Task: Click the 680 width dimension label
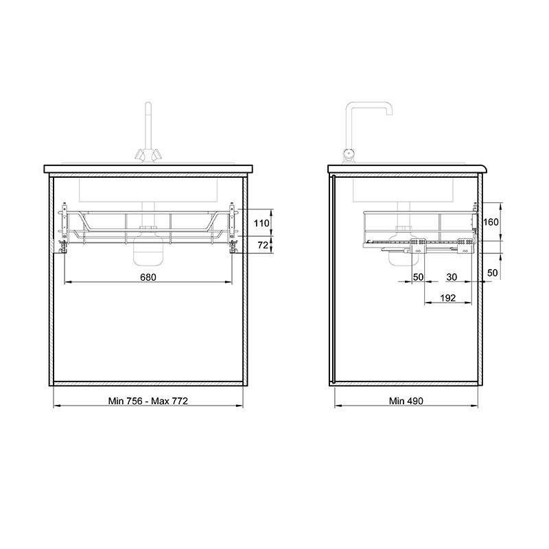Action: tap(148, 277)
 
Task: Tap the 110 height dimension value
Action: tap(261, 223)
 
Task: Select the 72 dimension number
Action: tap(263, 245)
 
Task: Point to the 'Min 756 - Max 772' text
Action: tap(148, 401)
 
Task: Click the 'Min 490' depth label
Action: tap(406, 401)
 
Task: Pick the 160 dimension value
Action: tap(491, 222)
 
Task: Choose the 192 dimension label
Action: tap(448, 298)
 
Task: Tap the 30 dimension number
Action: tap(452, 277)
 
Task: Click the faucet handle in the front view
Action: tap(148, 154)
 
